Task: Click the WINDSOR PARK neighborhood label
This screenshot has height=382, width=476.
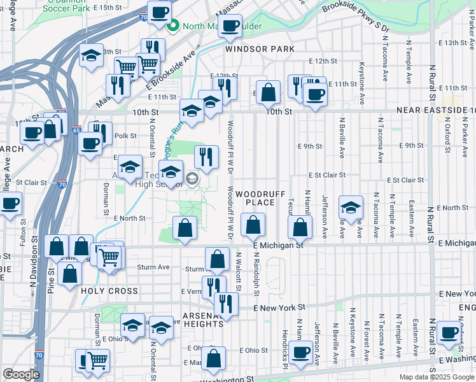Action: [x=260, y=49]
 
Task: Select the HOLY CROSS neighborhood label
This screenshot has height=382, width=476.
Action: [x=109, y=291]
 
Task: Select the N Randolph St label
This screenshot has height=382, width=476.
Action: [x=256, y=274]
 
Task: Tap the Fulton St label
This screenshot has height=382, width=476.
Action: [x=24, y=233]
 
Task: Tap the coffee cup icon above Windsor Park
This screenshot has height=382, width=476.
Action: [x=231, y=26]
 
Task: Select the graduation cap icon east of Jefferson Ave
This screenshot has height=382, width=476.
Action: [x=350, y=208]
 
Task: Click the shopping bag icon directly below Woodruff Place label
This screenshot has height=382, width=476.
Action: [x=253, y=223]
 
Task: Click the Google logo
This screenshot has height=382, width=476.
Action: [x=21, y=375]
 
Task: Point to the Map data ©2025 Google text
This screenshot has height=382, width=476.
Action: [x=436, y=377]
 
